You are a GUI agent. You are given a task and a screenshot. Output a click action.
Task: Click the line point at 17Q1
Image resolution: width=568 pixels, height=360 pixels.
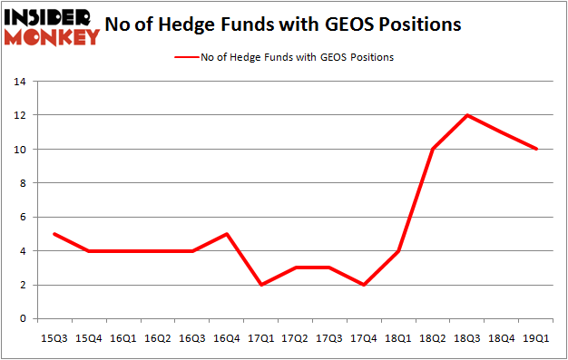[x=260, y=285]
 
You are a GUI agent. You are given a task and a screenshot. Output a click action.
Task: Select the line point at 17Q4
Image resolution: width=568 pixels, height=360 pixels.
[x=364, y=285]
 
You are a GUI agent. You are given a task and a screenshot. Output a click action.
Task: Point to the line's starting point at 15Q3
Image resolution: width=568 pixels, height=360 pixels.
[x=54, y=234]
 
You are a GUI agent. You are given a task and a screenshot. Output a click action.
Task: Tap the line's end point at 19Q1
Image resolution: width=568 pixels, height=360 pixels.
[x=537, y=149]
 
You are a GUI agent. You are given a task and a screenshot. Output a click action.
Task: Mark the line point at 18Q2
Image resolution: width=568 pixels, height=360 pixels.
[x=434, y=149]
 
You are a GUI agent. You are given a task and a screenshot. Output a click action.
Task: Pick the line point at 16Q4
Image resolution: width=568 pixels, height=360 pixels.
[x=226, y=234]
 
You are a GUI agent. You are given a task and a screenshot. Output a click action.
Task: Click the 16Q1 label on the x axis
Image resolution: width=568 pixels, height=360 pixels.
[x=122, y=336]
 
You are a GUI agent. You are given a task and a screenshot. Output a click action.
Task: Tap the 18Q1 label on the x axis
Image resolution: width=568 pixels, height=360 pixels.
[x=399, y=336]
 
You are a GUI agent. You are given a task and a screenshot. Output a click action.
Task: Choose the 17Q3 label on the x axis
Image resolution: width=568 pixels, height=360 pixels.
[x=330, y=336]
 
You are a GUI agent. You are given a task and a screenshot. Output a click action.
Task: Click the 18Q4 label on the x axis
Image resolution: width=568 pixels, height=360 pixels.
[x=503, y=336]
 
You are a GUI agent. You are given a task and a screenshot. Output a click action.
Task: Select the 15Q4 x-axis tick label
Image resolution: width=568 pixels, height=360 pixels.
[x=88, y=336]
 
